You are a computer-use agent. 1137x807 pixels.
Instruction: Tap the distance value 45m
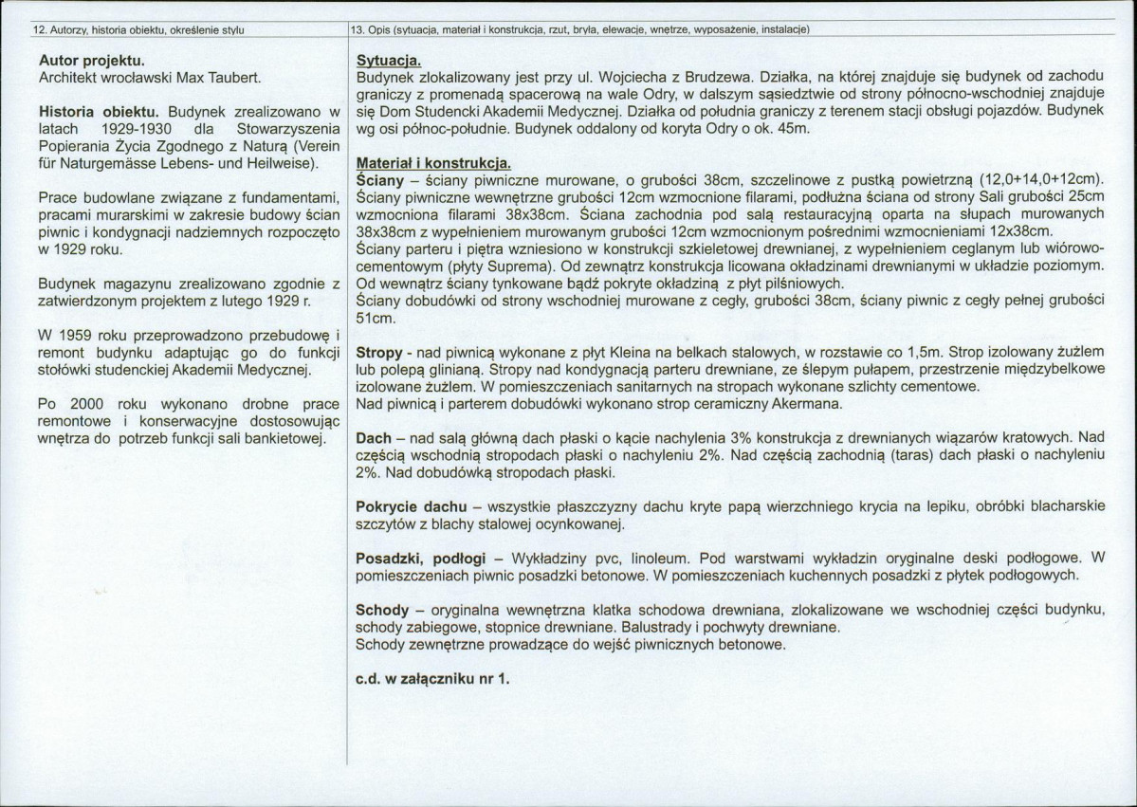(790, 129)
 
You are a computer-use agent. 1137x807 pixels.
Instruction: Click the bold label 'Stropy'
(377, 353)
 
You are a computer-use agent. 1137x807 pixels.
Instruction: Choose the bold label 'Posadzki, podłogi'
(421, 559)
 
